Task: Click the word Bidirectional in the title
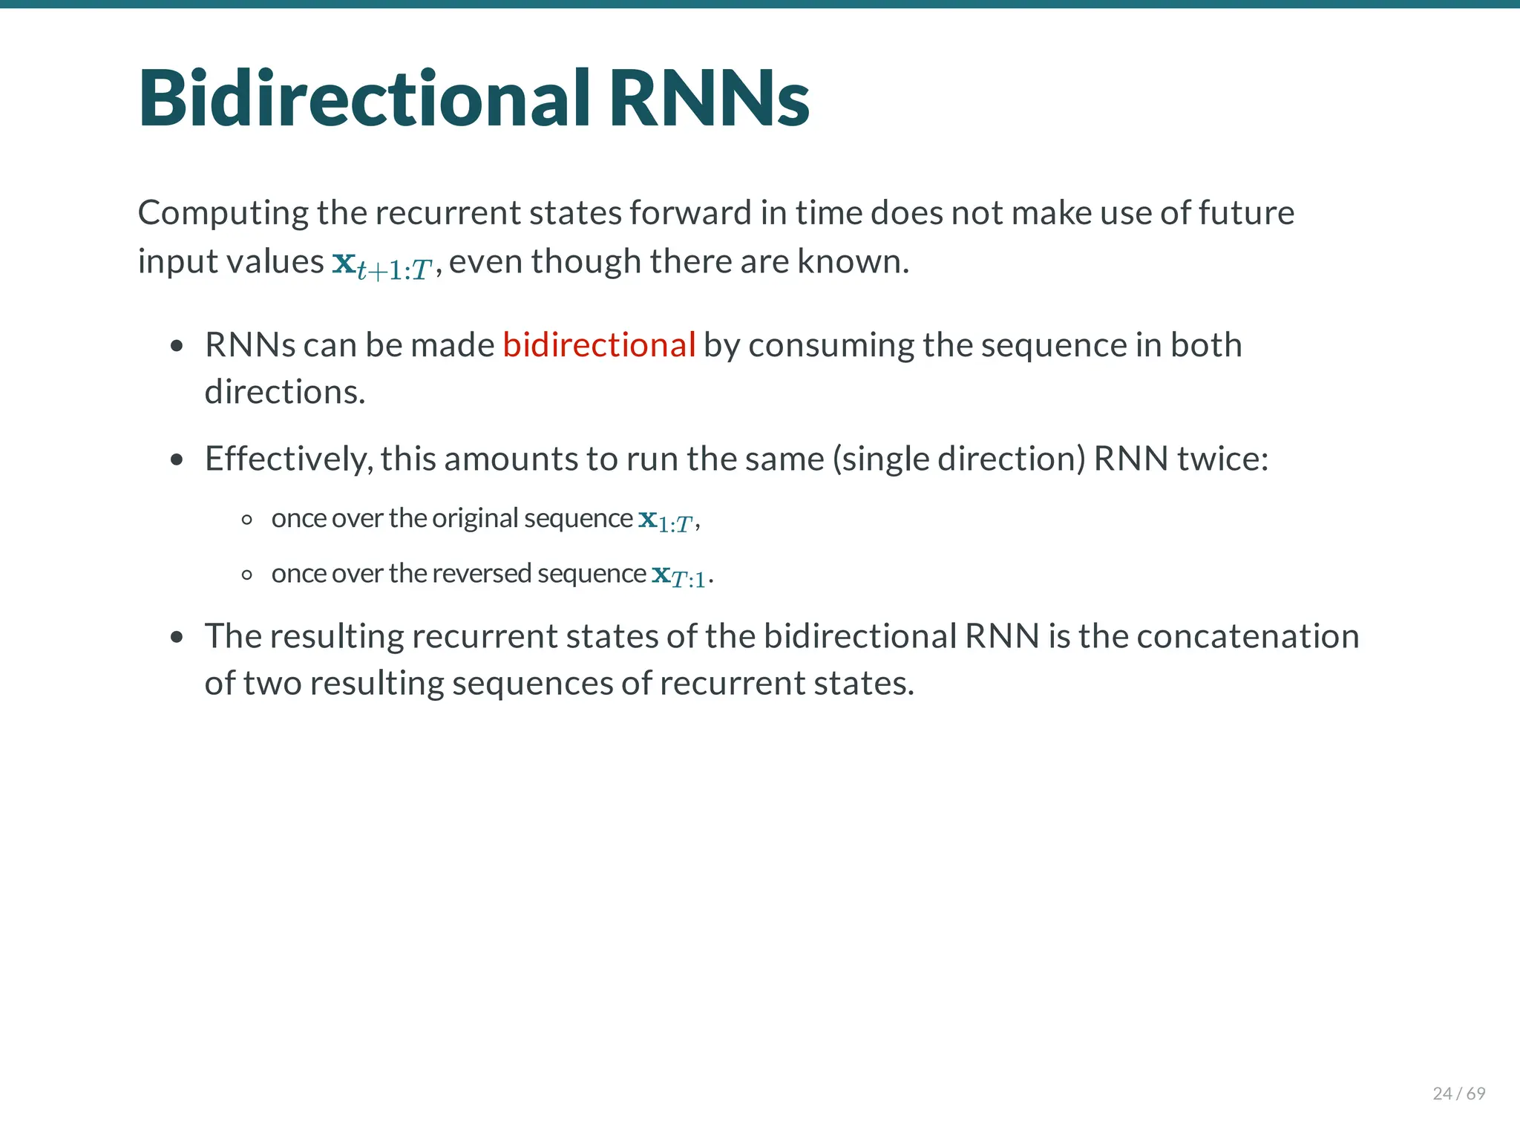pos(364,99)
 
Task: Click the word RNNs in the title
pos(709,99)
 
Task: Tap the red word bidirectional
pos(599,345)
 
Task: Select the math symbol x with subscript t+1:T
pos(382,264)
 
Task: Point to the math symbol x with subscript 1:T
pos(666,520)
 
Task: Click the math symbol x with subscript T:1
pos(679,575)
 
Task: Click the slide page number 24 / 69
pos(1458,1093)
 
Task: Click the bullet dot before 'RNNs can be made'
pos(177,346)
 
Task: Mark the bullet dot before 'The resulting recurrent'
pos(177,637)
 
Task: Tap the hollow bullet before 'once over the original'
pos(247,520)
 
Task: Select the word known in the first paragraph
pos(852,261)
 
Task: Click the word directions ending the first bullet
pos(284,392)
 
